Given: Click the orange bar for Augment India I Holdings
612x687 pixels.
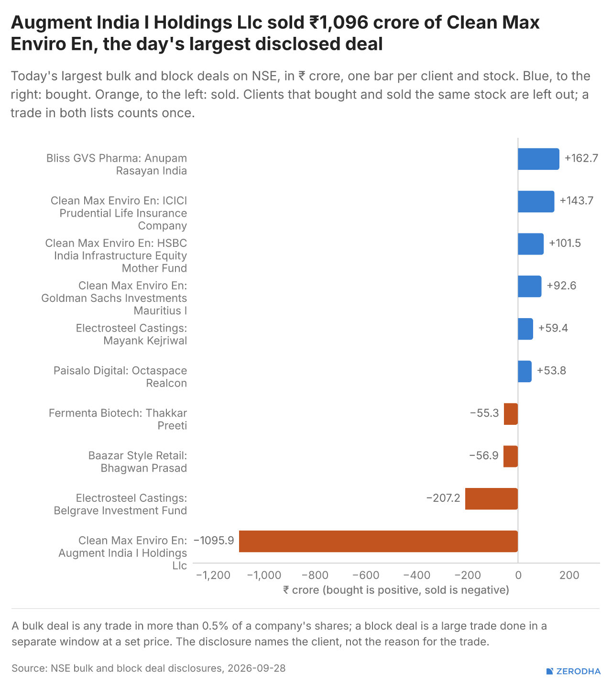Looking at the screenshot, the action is [378, 541].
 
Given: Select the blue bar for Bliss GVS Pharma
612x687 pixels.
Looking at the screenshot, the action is [538, 159].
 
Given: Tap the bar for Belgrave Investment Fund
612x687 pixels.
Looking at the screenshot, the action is [492, 499].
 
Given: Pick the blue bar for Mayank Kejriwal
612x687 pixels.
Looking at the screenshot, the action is [525, 329].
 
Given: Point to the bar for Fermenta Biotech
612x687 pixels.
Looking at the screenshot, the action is [511, 414].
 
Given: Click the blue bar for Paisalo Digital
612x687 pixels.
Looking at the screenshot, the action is [525, 371].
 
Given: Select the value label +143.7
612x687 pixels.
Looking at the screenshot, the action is [577, 201].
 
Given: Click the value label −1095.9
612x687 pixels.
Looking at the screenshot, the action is [214, 541].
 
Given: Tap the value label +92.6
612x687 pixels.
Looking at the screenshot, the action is [561, 286].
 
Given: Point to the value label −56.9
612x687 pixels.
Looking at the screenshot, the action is [483, 455].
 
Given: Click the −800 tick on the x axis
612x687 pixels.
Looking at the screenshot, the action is [315, 575].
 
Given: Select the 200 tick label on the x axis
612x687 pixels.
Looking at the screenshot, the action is [569, 575].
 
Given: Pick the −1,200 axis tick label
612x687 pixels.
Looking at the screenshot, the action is [213, 575].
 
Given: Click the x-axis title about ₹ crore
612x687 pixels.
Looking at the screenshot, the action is [396, 590].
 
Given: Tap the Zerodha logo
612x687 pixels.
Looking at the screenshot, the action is [573, 671].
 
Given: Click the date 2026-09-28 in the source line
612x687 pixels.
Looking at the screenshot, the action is [257, 668].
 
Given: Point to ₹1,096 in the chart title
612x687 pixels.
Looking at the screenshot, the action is [339, 22].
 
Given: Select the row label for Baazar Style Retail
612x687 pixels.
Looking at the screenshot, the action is [137, 462].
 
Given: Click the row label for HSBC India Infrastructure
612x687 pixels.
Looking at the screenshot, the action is [116, 255].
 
